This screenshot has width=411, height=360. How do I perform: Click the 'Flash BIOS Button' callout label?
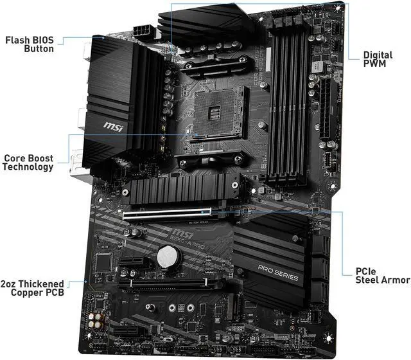tap(30, 44)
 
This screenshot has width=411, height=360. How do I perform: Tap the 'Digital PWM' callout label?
tap(378, 60)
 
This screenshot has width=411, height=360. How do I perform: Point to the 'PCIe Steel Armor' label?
tap(382, 275)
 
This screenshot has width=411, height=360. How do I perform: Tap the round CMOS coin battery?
tap(169, 258)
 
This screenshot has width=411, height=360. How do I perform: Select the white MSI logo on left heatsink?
tap(113, 123)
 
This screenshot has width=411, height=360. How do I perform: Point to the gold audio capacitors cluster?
tap(98, 320)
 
